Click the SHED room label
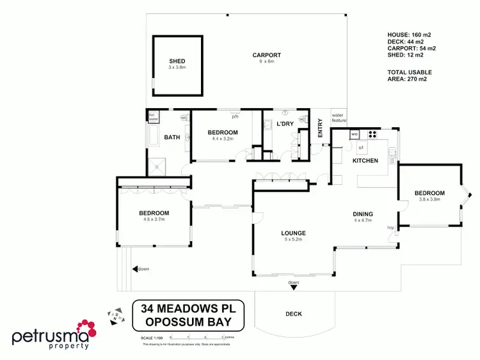177,61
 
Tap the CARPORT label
266,55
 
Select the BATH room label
172,137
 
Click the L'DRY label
284,123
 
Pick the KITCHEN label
365,160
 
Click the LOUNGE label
292,233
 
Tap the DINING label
363,214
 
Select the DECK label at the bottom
293,314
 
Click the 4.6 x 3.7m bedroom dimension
154,219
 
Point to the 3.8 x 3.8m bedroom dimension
429,199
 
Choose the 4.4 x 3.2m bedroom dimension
223,139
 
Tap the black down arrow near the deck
293,288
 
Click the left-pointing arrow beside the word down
135,269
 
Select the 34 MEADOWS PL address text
182,309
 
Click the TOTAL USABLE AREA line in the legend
410,75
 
